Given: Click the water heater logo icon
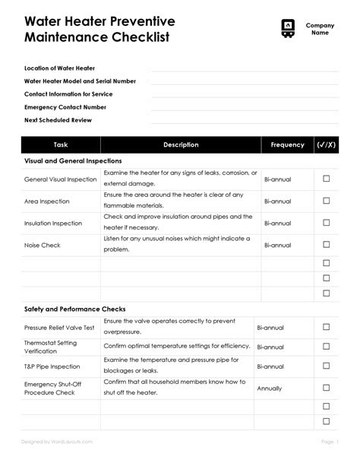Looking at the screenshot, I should (287, 28).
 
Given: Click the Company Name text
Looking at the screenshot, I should (320, 29).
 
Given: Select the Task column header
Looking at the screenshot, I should (62, 144).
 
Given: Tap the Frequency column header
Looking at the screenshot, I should (287, 144).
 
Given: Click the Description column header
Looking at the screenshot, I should (181, 144).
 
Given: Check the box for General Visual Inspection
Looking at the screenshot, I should (327, 179).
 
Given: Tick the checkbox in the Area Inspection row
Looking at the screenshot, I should (327, 201).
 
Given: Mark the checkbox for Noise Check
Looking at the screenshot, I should (327, 246).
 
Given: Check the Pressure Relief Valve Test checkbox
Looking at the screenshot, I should (327, 328).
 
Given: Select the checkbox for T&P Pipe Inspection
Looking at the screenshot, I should (327, 366).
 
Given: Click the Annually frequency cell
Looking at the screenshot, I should (270, 388).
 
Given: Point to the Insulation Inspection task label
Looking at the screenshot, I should (53, 223).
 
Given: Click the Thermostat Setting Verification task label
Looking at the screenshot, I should (52, 347).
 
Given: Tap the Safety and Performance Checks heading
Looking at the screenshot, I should (75, 309).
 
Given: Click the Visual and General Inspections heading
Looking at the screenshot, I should (73, 161).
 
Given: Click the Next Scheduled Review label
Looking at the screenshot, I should (58, 120).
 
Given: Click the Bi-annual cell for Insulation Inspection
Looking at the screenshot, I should (277, 223).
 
